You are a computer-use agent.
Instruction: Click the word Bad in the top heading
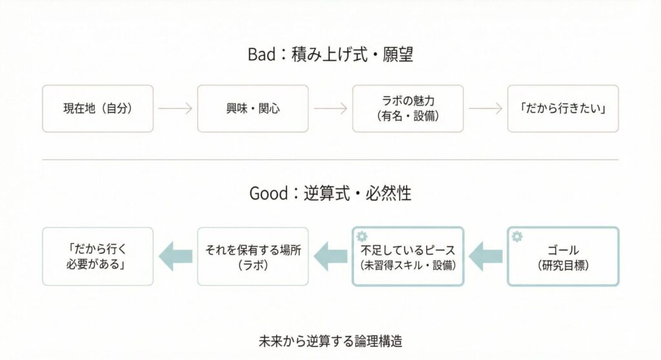tap(261, 55)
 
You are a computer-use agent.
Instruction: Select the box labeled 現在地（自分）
tap(98, 108)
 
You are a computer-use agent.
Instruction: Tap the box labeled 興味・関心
tap(253, 108)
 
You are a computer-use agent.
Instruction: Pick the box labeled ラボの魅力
tap(408, 108)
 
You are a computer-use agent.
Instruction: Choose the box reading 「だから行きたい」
tap(563, 108)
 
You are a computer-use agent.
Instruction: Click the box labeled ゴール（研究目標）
tap(563, 256)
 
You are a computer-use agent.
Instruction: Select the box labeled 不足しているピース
tap(408, 256)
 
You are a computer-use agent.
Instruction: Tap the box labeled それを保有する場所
tap(253, 256)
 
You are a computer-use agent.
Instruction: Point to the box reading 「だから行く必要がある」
tap(98, 256)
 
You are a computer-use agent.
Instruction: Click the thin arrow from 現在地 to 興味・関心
tap(176, 108)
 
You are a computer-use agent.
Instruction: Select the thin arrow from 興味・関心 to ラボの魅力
tap(330, 108)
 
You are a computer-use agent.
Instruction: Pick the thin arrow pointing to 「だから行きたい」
tap(485, 108)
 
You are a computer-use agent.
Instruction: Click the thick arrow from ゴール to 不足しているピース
tap(485, 256)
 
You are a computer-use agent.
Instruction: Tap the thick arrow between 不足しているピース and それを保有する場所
tap(330, 256)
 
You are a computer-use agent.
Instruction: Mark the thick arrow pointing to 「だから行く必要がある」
tap(176, 256)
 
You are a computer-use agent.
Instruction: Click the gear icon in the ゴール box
tap(516, 236)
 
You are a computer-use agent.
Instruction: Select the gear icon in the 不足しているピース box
tap(361, 236)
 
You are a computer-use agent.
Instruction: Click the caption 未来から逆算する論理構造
tap(330, 340)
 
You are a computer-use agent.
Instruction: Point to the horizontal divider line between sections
tap(330, 159)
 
